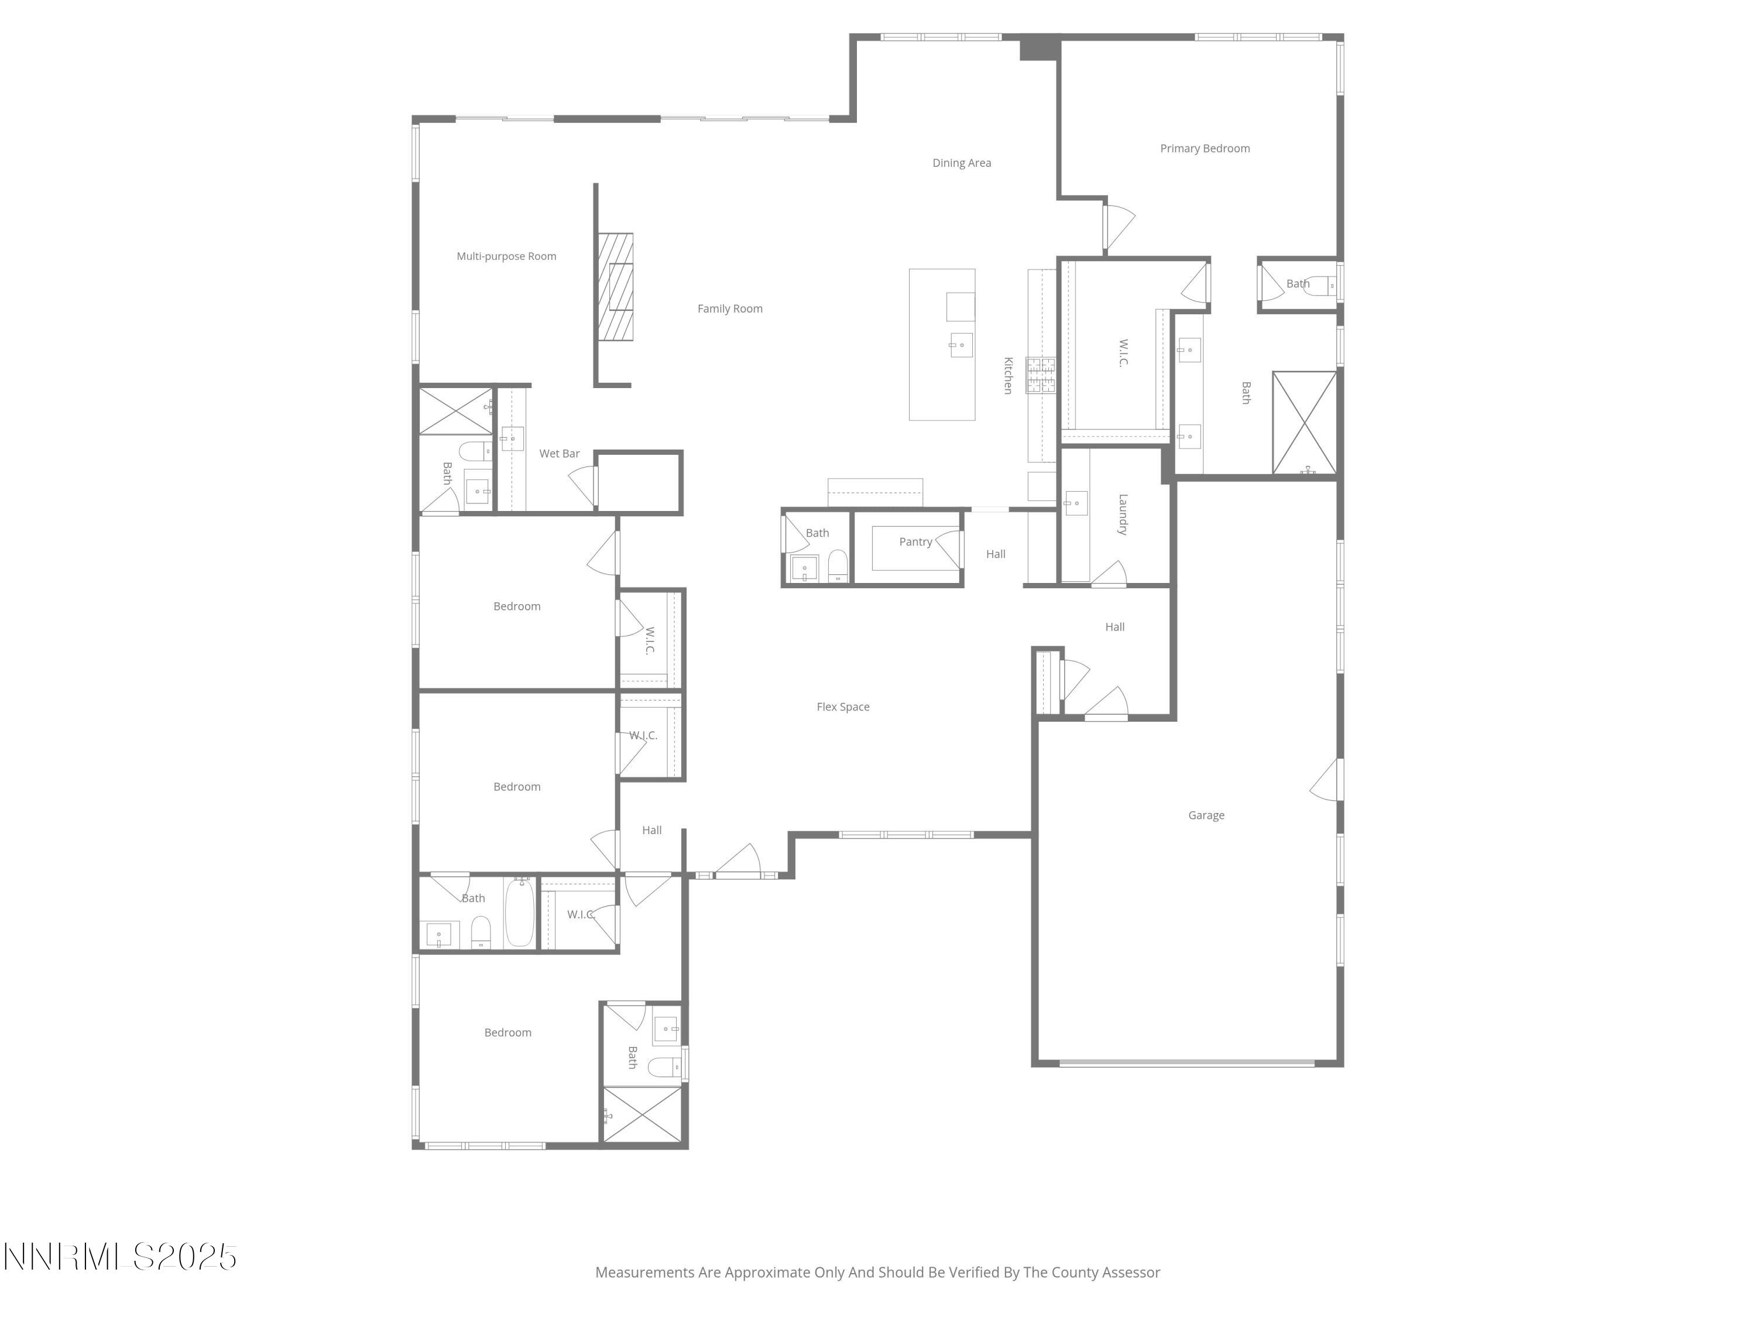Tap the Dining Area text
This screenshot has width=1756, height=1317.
pyautogui.click(x=961, y=163)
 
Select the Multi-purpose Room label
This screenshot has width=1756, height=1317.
pyautogui.click(x=506, y=256)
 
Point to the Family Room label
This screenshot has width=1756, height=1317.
pyautogui.click(x=729, y=309)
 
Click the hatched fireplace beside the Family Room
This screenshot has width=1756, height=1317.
pyautogui.click(x=615, y=287)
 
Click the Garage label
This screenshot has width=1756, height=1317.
pyautogui.click(x=1206, y=815)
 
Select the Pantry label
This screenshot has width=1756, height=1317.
pyautogui.click(x=915, y=542)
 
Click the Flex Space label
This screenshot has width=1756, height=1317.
pyautogui.click(x=843, y=706)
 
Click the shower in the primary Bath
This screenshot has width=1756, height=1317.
pyautogui.click(x=1304, y=423)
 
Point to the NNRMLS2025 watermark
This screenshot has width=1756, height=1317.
pyautogui.click(x=121, y=1257)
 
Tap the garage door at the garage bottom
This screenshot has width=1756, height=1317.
pyautogui.click(x=1187, y=1063)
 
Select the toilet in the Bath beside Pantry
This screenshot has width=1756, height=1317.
pyautogui.click(x=838, y=565)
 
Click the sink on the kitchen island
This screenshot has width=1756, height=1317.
pyautogui.click(x=961, y=345)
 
